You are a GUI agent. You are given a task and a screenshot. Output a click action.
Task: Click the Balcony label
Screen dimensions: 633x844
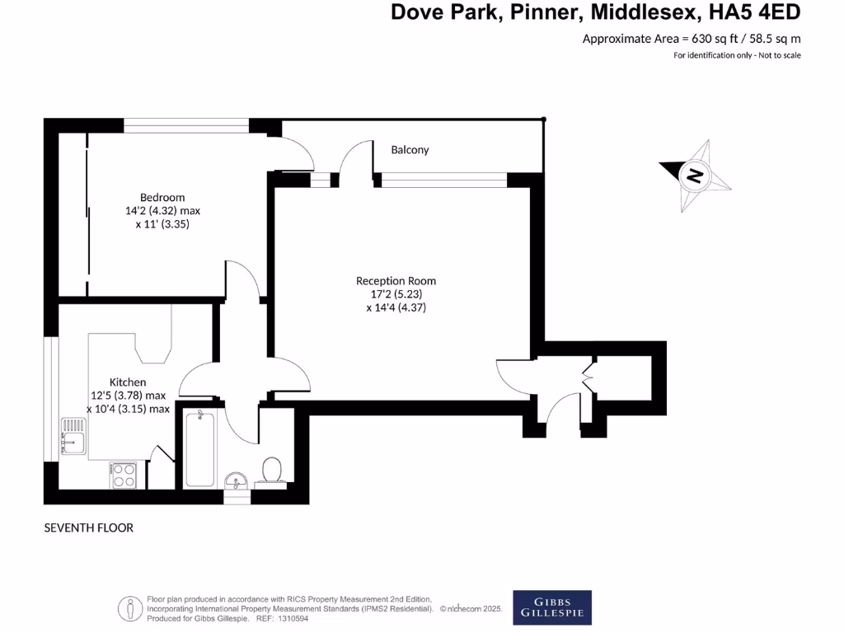pyautogui.click(x=410, y=150)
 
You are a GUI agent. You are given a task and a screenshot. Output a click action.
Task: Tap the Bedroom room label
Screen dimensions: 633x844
pyautogui.click(x=162, y=197)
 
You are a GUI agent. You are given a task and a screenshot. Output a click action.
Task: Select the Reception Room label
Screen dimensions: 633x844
pyautogui.click(x=396, y=281)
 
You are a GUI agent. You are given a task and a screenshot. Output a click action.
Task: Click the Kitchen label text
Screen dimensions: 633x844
pyautogui.click(x=128, y=382)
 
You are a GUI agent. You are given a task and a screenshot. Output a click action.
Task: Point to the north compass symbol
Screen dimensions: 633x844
pyautogui.click(x=696, y=176)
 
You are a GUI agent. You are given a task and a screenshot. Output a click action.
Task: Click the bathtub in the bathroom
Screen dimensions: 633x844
pyautogui.click(x=200, y=448)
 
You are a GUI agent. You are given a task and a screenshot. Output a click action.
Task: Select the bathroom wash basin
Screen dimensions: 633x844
pyautogui.click(x=237, y=480)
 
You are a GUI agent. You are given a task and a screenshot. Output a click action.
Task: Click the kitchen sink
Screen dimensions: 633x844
pyautogui.click(x=73, y=436)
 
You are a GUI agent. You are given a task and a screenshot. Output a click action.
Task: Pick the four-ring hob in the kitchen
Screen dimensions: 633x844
pyautogui.click(x=124, y=475)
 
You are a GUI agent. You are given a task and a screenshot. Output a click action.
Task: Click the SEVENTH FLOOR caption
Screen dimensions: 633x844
pyautogui.click(x=88, y=527)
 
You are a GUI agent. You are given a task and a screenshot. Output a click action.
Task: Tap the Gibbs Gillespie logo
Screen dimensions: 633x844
pyautogui.click(x=551, y=605)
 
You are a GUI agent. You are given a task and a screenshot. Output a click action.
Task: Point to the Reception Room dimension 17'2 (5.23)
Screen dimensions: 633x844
pyautogui.click(x=396, y=294)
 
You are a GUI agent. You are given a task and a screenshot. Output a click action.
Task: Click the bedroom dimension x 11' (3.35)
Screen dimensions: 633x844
pyautogui.click(x=162, y=223)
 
